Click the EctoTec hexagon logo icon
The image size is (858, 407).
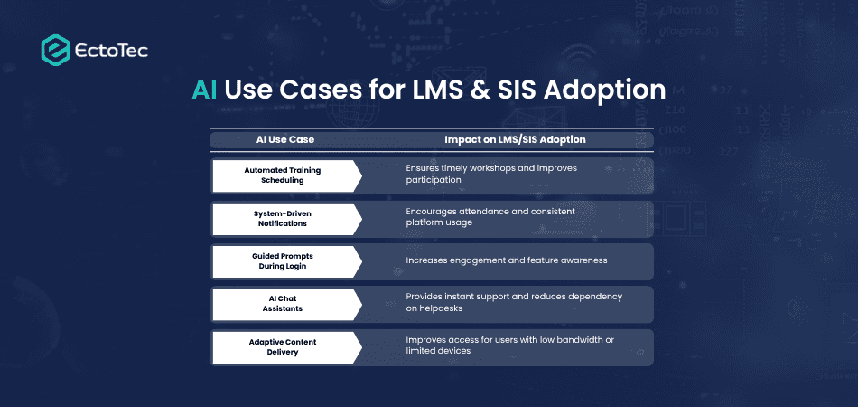[56, 50]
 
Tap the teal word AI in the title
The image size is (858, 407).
[205, 90]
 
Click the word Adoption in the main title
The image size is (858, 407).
[610, 90]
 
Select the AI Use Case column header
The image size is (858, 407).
[285, 140]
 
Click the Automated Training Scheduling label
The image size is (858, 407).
[282, 175]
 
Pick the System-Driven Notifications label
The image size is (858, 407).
[282, 218]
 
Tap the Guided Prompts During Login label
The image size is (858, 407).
[282, 261]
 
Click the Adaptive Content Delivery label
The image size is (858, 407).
[282, 347]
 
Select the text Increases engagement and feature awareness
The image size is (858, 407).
[506, 260]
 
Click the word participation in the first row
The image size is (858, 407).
[434, 180]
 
